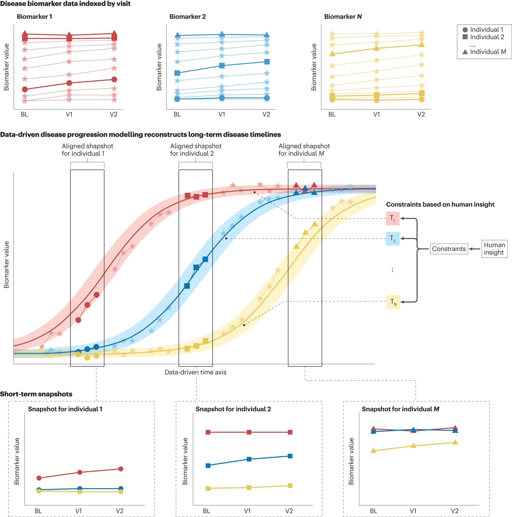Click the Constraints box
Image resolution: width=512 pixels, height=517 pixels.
pos(449,249)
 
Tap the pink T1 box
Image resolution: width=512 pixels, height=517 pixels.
pos(392,218)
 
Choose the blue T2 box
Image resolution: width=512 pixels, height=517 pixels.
pos(392,238)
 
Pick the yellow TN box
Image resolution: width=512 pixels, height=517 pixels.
pos(393,302)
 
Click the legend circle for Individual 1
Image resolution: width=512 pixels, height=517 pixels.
pos(465,30)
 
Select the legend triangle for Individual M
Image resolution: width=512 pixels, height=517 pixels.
pos(465,52)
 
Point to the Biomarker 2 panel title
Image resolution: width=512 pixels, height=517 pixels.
pos(187,17)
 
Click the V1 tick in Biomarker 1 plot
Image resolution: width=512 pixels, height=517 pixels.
pos(69,114)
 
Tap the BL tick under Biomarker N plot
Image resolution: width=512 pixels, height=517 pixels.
pos(332,114)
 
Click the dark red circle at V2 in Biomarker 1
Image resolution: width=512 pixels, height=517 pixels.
pos(114,79)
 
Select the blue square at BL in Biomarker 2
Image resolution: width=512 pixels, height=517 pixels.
pos(177,73)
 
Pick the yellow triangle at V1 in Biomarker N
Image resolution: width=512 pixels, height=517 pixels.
pos(376,48)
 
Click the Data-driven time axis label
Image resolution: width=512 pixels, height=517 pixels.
pos(195,372)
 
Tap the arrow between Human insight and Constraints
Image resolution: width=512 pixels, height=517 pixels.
pos(474,249)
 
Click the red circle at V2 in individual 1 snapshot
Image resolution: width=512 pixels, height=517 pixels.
pos(121,469)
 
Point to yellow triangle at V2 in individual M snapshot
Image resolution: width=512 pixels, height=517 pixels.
pos(455,442)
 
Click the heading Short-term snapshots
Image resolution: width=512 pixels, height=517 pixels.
pos(36,394)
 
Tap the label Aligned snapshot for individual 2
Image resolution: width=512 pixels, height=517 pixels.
pos(196,150)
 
